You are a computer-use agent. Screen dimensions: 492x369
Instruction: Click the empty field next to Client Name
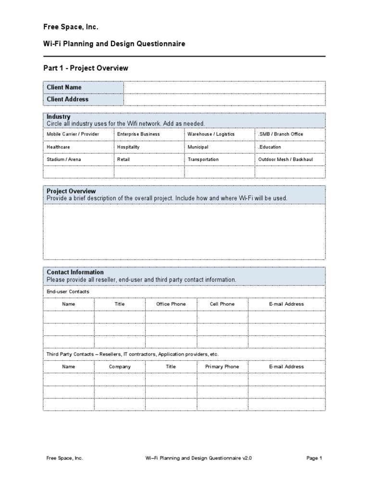(224, 87)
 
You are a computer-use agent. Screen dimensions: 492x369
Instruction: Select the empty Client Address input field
(224, 99)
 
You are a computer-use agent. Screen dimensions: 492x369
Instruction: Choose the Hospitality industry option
(128, 147)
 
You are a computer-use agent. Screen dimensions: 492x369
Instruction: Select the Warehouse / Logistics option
(211, 134)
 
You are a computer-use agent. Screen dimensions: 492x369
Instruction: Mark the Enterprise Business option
(138, 134)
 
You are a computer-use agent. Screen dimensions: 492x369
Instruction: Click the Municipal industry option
(198, 147)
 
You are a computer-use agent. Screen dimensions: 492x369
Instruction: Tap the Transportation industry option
(203, 160)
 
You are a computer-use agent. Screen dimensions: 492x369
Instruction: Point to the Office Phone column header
(171, 304)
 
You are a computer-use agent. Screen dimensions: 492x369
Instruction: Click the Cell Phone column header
(222, 304)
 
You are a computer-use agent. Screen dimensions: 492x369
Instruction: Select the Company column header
(120, 367)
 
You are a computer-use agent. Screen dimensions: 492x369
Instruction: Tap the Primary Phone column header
(222, 367)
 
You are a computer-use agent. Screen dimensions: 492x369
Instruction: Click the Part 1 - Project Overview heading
(86, 68)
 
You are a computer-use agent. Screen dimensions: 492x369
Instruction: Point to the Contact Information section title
(75, 272)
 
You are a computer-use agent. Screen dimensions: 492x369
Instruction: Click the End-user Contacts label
(68, 292)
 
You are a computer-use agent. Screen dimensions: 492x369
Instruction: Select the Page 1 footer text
(314, 458)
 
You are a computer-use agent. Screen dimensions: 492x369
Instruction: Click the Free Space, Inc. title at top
(71, 27)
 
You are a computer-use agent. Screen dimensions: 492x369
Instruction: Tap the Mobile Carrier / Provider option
(73, 134)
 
